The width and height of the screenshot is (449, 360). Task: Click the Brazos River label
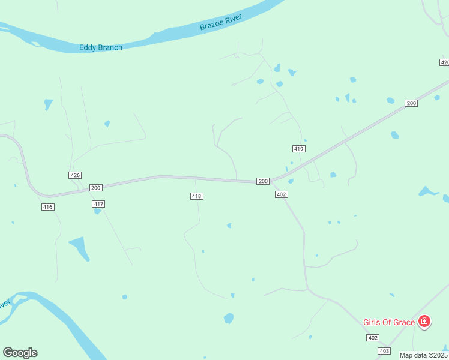pyautogui.click(x=221, y=23)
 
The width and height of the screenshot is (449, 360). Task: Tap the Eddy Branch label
pyautogui.click(x=101, y=47)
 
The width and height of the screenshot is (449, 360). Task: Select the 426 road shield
pyautogui.click(x=75, y=175)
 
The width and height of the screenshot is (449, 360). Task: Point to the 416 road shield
pyautogui.click(x=48, y=207)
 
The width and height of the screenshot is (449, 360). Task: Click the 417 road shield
pyautogui.click(x=99, y=205)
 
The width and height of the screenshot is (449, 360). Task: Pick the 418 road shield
pyautogui.click(x=196, y=196)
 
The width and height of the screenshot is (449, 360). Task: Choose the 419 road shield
pyautogui.click(x=299, y=148)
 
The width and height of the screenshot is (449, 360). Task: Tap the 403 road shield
pyautogui.click(x=385, y=350)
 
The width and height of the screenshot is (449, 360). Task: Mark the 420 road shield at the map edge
pyautogui.click(x=444, y=62)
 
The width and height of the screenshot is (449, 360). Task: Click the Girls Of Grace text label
pyautogui.click(x=389, y=322)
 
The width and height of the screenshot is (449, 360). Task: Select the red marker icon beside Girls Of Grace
pyautogui.click(x=424, y=322)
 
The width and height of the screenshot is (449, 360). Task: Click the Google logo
pyautogui.click(x=20, y=353)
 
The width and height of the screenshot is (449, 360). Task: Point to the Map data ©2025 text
pyautogui.click(x=424, y=355)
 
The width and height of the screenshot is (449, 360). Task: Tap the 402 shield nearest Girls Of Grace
pyautogui.click(x=373, y=338)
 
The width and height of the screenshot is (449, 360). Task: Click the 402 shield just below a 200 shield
pyautogui.click(x=282, y=194)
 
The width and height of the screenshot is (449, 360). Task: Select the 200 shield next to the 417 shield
pyautogui.click(x=95, y=188)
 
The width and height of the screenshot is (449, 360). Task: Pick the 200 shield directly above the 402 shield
pyautogui.click(x=263, y=181)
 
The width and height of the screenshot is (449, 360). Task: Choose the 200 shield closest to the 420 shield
pyautogui.click(x=411, y=103)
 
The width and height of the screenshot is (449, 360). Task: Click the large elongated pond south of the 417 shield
pyautogui.click(x=79, y=248)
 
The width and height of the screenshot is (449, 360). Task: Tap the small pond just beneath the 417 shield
pyautogui.click(x=97, y=211)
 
